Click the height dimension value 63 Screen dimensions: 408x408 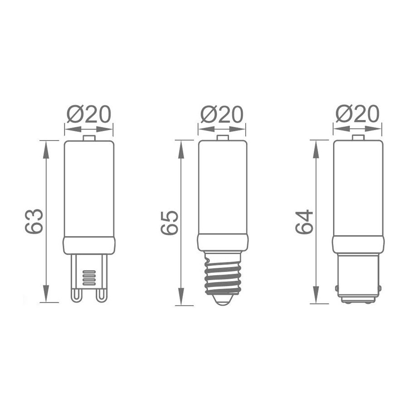pyautogui.click(x=34, y=221)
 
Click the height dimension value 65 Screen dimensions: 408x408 pyautogui.click(x=170, y=223)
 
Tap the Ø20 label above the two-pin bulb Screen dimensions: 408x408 pyautogui.click(x=89, y=114)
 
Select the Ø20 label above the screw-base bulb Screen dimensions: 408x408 pyautogui.click(x=222, y=114)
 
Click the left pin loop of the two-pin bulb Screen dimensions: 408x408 pyautogui.click(x=76, y=295)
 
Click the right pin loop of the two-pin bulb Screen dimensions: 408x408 pyautogui.click(x=102, y=295)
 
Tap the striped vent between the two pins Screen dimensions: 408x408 pyautogui.click(x=89, y=277)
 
